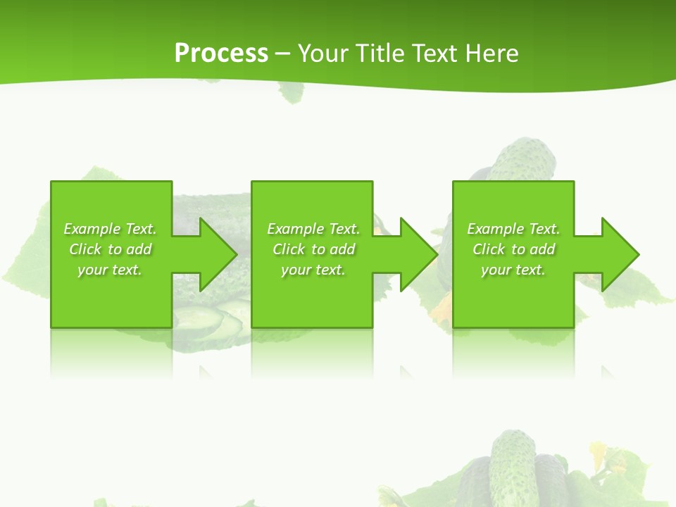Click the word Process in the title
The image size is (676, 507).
tap(221, 54)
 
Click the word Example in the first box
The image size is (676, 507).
tap(92, 229)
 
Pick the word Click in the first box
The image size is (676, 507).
tap(85, 249)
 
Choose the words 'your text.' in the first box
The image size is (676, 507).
tap(110, 270)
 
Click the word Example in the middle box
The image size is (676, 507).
tap(296, 229)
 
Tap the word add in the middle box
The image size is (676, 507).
tap(342, 249)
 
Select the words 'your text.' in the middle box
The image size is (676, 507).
tap(313, 270)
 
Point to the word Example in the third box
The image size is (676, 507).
tap(496, 229)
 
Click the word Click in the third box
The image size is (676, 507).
tap(489, 249)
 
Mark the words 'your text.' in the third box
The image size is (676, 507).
tap(513, 270)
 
